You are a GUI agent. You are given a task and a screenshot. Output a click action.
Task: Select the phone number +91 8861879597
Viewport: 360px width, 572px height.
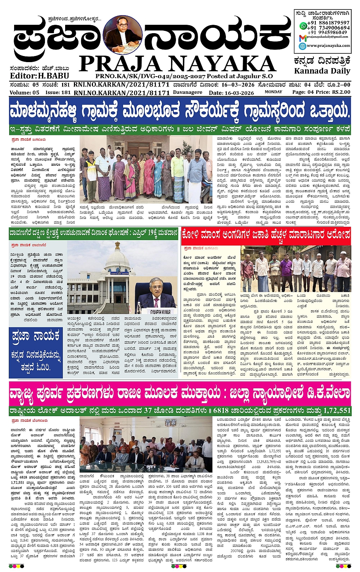(329, 23)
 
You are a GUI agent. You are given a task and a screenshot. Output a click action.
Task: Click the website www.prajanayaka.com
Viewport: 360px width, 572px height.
(328, 46)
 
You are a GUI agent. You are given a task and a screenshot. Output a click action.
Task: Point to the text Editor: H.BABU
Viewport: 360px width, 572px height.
(34, 76)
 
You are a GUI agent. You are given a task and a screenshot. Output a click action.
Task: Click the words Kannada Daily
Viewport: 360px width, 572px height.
(322, 71)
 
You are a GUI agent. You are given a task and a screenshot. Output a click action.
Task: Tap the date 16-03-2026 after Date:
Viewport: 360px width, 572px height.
(239, 93)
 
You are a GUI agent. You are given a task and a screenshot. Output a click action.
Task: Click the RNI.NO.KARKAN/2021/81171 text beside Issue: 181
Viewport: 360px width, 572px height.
(122, 93)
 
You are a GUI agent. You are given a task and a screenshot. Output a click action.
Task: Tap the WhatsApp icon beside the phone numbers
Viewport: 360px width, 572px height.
(303, 26)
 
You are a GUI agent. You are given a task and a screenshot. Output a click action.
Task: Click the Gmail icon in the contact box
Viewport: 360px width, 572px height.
(302, 37)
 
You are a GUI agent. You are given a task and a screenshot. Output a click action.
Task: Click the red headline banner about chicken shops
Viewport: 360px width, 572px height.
(266, 234)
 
